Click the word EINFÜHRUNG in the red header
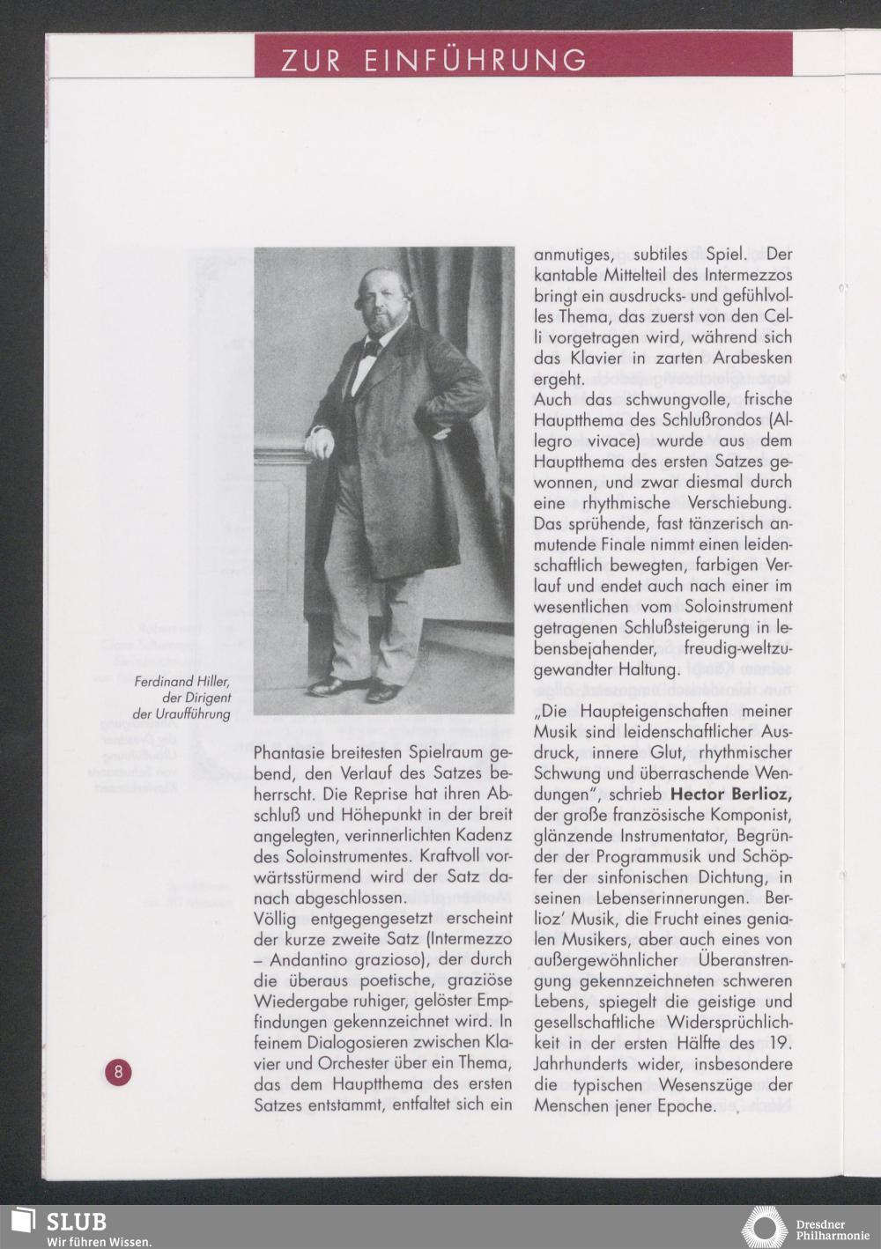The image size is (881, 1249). (475, 60)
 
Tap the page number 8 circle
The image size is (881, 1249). (117, 1072)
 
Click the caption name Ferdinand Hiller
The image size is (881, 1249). (182, 681)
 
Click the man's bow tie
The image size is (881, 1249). (371, 349)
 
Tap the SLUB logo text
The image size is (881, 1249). (76, 1222)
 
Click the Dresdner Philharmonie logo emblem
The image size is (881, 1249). (763, 1229)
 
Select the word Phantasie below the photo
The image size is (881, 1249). (289, 753)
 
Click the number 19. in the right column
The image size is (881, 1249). (781, 1044)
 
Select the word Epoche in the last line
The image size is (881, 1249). (685, 1106)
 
